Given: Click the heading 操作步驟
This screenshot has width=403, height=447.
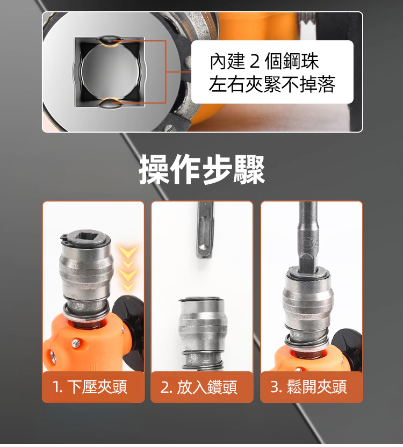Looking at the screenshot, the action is pyautogui.click(x=201, y=169).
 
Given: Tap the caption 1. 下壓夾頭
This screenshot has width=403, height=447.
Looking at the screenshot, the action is pyautogui.click(x=90, y=387).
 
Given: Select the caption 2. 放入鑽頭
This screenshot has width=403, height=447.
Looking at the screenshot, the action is pyautogui.click(x=199, y=387).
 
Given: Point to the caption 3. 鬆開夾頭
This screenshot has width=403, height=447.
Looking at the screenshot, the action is pyautogui.click(x=308, y=387).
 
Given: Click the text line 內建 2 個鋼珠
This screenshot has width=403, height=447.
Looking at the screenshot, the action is pyautogui.click(x=264, y=61).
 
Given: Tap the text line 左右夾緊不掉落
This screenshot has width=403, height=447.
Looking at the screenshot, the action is pyautogui.click(x=272, y=84).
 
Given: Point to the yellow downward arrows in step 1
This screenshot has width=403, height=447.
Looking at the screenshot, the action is pyautogui.click(x=128, y=268).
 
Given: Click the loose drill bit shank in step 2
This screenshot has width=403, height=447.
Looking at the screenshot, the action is pyautogui.click(x=205, y=230).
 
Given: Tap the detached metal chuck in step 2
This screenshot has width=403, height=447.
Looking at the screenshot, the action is pyautogui.click(x=203, y=334).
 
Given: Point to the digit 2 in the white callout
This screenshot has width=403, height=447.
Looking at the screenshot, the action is pyautogui.click(x=255, y=62).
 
